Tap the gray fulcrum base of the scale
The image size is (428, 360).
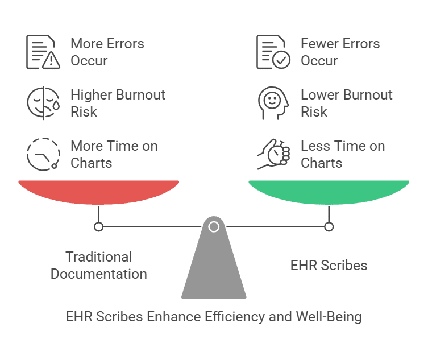pyautogui.click(x=214, y=267)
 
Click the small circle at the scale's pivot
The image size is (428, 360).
pyautogui.click(x=214, y=227)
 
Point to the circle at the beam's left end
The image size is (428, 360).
pyautogui.click(x=99, y=227)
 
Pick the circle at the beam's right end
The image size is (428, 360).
pyautogui.click(x=329, y=227)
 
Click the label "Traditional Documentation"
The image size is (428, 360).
pyautogui.click(x=99, y=265)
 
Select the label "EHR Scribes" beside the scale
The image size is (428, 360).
pyautogui.click(x=329, y=265)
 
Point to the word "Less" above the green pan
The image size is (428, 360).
pyautogui.click(x=313, y=146)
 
